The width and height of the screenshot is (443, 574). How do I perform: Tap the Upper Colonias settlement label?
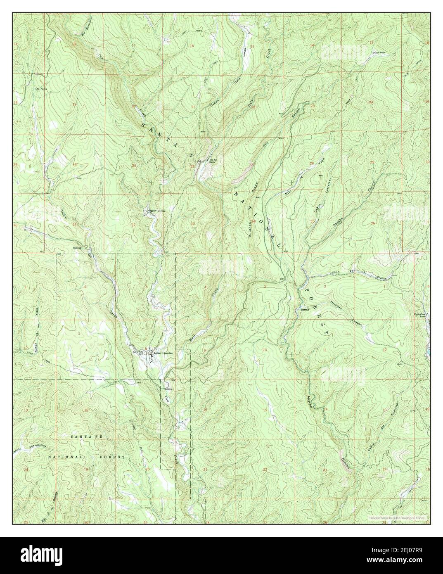[157, 211]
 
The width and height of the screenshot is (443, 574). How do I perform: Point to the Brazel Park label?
[379, 52]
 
